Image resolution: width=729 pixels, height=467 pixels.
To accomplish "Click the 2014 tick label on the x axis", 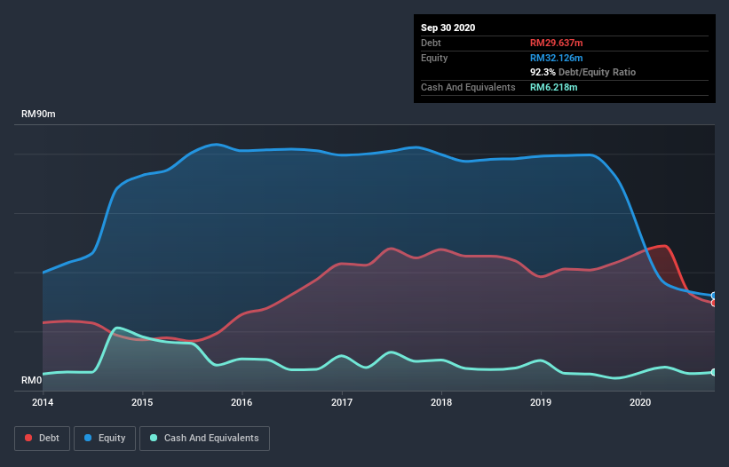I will [x=43, y=402].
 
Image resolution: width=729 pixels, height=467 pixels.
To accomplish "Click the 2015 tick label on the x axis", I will [x=142, y=402].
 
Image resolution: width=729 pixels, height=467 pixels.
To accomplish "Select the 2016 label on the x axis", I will [x=242, y=402].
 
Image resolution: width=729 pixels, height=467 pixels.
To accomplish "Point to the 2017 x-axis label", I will [x=342, y=402].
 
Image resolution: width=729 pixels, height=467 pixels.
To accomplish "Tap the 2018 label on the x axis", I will [x=441, y=402].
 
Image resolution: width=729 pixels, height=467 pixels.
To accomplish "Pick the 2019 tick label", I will [x=541, y=402].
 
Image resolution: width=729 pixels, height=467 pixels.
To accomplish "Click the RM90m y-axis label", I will [x=39, y=115].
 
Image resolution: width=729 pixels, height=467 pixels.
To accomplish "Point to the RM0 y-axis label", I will [x=32, y=381].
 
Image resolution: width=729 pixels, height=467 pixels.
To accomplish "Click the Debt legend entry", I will [x=43, y=438].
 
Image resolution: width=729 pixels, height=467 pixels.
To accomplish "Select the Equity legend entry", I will [x=105, y=438].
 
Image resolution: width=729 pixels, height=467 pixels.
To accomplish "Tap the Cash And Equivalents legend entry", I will [x=204, y=438].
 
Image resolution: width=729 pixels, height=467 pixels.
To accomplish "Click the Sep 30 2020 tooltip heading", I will [x=448, y=28].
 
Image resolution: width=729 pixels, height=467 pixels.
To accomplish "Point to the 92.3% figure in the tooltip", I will [x=543, y=72].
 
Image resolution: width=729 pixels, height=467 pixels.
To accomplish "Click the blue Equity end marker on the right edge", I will [x=714, y=296].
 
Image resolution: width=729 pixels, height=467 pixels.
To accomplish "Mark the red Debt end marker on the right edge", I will [x=714, y=303].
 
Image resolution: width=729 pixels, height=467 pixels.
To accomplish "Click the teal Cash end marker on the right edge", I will [x=714, y=372].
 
